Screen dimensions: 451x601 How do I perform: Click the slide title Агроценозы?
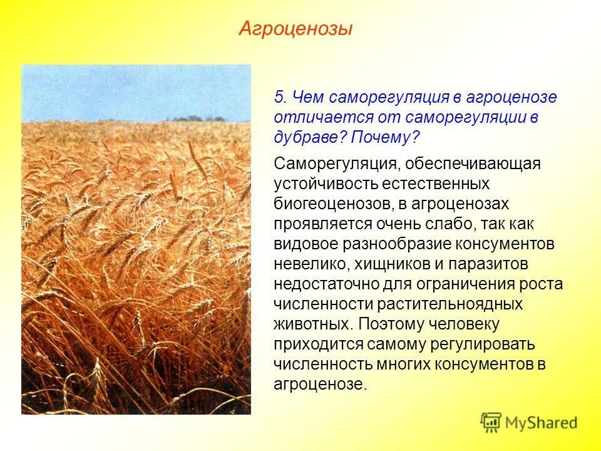tap(295, 29)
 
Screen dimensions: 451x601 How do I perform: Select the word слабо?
tap(446, 224)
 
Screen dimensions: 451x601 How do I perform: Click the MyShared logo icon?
tap(491, 422)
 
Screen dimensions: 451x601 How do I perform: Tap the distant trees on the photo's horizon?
tap(198, 118)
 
